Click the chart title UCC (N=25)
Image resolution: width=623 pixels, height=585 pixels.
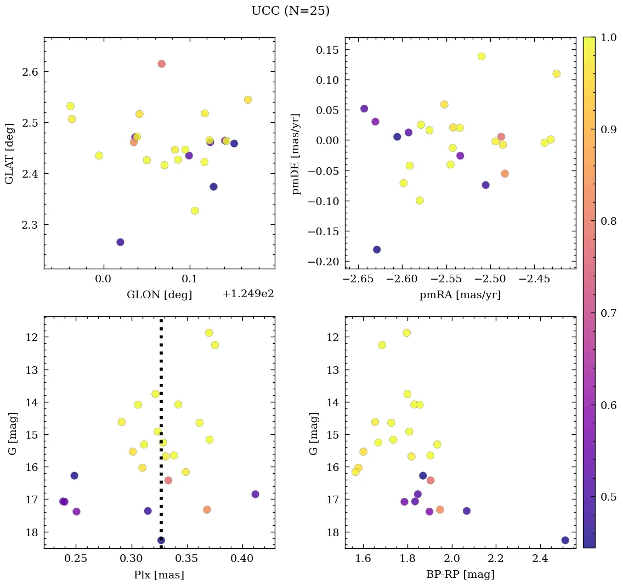pos(290,11)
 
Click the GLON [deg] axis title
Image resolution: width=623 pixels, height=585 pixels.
pos(159,295)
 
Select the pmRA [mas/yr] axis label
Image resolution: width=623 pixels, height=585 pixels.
pos(460,295)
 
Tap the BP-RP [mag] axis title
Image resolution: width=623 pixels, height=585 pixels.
pos(460,574)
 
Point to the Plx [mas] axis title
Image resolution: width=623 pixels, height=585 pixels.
pos(159,575)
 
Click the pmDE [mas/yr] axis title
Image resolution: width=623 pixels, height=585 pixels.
pos(297,153)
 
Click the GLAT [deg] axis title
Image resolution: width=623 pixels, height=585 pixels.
pos(9,153)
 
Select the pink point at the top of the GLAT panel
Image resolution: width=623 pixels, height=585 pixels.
pos(161,64)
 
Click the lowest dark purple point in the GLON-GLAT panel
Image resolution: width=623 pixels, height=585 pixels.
pos(120,242)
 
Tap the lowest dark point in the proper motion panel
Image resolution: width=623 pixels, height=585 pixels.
pos(377,249)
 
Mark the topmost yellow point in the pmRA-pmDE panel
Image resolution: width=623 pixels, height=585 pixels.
pos(482,56)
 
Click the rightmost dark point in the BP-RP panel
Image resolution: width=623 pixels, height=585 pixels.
pos(565,540)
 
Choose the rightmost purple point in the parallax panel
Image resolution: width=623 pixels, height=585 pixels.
pos(255,494)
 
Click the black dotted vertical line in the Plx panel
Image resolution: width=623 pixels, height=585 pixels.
pos(161,384)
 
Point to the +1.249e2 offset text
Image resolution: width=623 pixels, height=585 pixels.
pos(248,294)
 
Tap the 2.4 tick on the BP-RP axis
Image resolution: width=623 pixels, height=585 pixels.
pos(540,559)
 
